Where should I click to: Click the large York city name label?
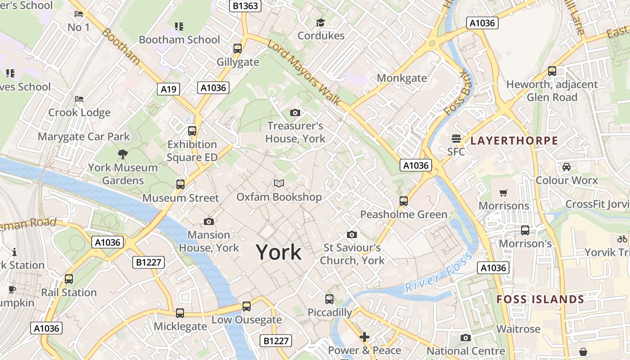point(279,252)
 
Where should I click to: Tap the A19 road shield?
point(169,89)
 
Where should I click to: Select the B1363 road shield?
point(245,5)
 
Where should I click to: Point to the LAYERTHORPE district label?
point(514,141)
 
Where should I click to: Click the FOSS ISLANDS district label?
point(540,299)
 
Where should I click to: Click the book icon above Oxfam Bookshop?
point(279,183)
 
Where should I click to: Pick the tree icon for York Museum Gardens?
point(122,155)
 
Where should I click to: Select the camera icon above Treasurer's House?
point(295,112)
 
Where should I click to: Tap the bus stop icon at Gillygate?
point(238,49)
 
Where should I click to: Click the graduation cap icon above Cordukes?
point(320,22)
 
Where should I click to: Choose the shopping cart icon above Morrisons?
point(504,193)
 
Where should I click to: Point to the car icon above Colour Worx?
point(566,167)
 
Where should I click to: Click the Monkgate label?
point(402,78)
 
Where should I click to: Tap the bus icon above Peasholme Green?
point(404,201)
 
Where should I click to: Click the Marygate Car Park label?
point(84,136)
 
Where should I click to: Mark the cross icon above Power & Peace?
point(364,337)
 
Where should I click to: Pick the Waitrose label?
point(518,329)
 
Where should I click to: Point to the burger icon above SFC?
point(456,138)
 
